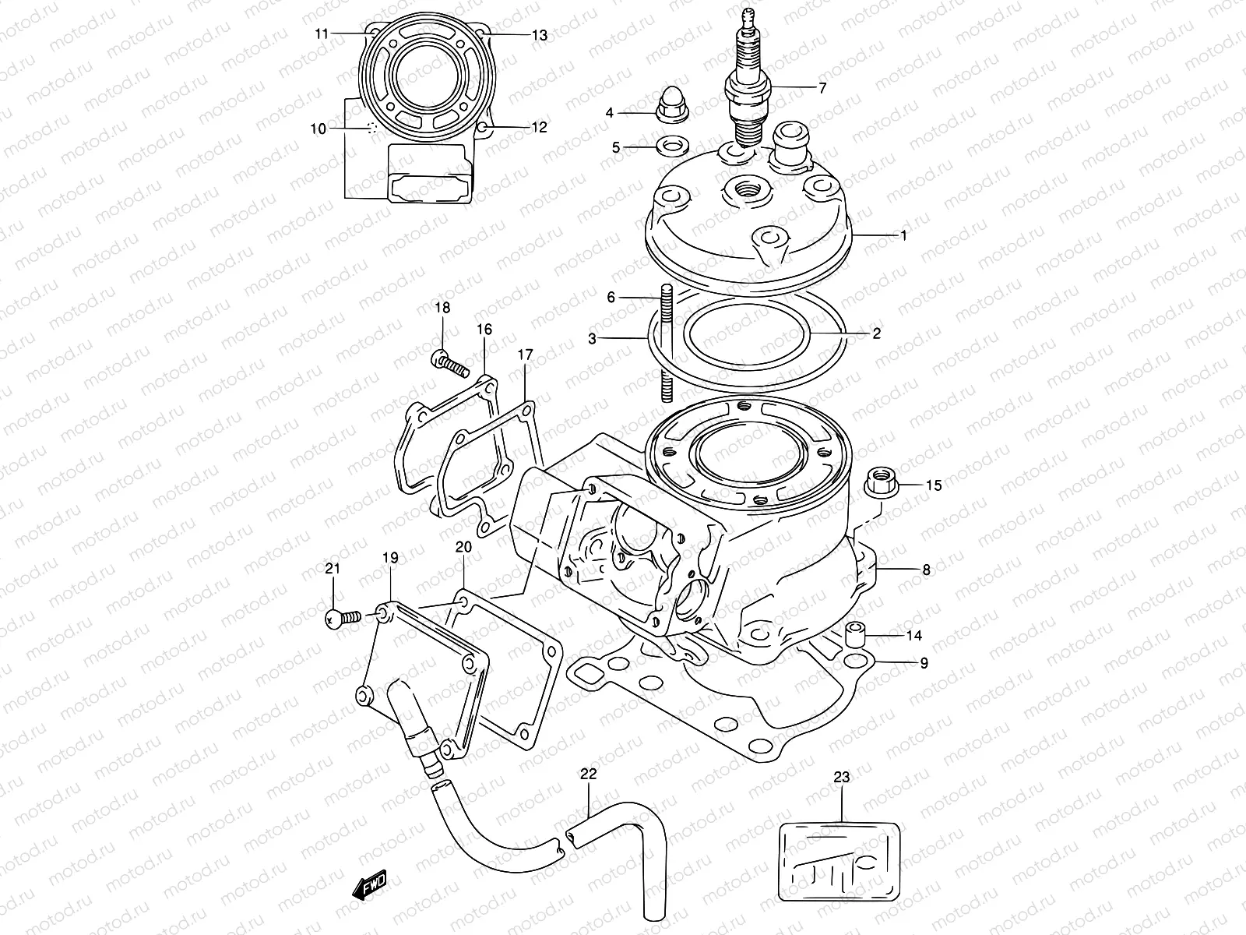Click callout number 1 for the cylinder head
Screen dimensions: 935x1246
coord(903,235)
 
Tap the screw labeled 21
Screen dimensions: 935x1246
coord(340,619)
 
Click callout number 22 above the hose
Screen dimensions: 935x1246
coord(588,774)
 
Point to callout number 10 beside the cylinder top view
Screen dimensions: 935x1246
coord(318,129)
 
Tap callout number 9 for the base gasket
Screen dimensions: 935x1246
coord(924,664)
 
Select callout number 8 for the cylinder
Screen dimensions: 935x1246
coord(926,570)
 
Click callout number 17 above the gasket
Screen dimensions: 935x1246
coord(525,356)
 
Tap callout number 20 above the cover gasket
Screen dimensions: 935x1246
coord(463,548)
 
